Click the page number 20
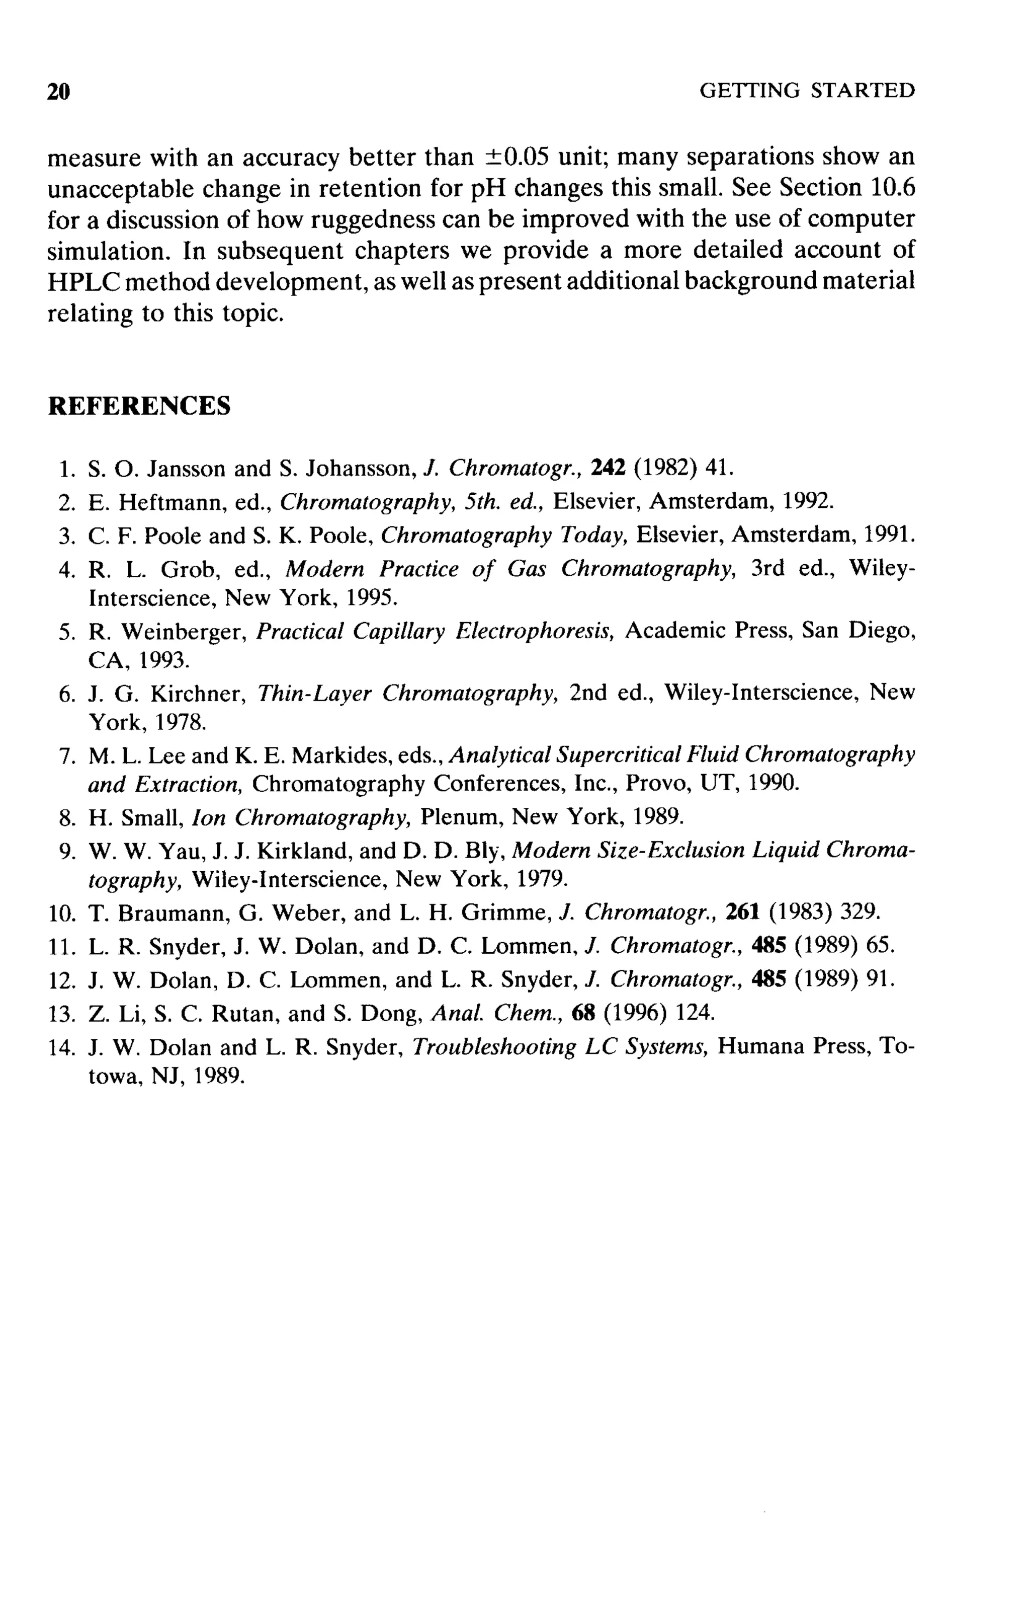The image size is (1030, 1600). [x=59, y=92]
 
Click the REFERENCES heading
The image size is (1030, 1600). [x=139, y=406]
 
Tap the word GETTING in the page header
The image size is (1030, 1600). [x=749, y=90]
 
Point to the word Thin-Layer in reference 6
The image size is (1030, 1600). [x=314, y=693]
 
